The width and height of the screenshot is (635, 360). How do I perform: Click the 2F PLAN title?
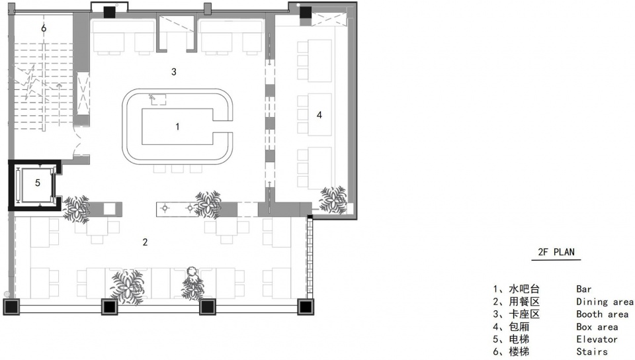(556, 252)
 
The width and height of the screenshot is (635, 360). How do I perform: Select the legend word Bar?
(584, 289)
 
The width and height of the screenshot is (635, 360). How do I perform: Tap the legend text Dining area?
(605, 302)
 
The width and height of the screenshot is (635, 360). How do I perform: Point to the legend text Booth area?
(602, 314)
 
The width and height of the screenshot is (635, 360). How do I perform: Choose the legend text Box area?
(597, 327)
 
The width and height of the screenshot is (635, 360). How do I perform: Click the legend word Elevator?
(597, 339)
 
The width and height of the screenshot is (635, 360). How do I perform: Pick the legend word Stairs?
(591, 352)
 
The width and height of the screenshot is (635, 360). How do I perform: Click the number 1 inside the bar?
(177, 127)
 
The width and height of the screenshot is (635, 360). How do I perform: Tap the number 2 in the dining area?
(145, 242)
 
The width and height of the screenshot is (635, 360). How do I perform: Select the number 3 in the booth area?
(174, 71)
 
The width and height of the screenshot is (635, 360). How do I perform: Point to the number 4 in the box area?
(319, 115)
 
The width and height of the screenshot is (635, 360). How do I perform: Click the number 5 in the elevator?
(38, 183)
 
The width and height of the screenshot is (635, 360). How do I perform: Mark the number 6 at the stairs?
(44, 28)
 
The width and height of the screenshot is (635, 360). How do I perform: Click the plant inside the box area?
(333, 199)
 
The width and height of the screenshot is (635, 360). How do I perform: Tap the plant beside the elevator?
(77, 209)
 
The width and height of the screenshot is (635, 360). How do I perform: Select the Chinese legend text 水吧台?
(524, 289)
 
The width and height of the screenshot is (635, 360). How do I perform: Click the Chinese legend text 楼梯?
(519, 352)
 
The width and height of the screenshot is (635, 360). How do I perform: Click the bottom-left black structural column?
(11, 307)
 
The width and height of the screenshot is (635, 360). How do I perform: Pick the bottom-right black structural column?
(306, 307)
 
